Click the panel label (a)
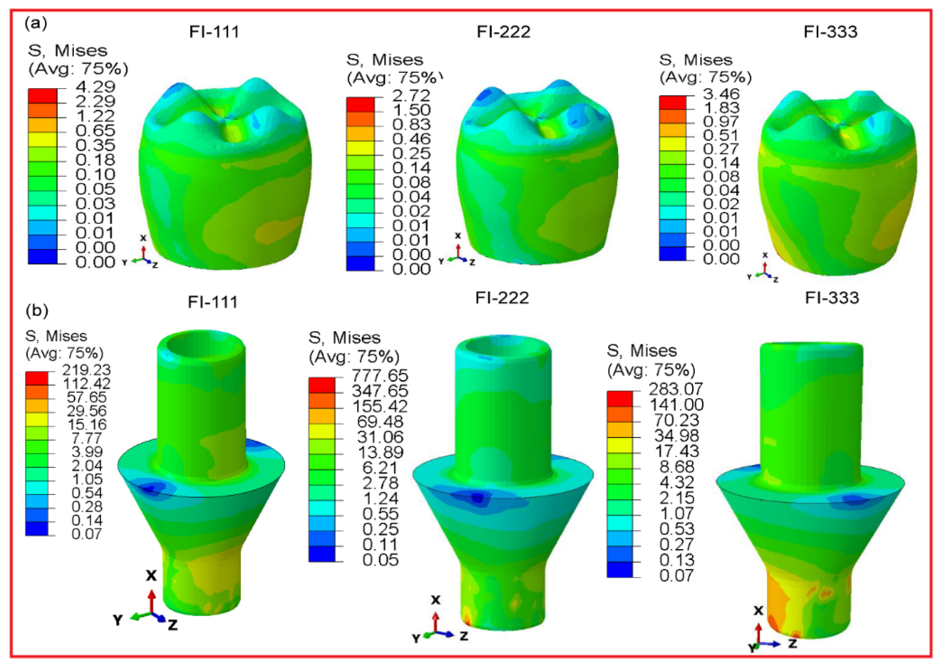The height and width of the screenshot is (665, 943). (x=36, y=24)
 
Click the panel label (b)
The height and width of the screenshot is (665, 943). (x=37, y=311)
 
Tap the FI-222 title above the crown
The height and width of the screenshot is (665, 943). (x=504, y=32)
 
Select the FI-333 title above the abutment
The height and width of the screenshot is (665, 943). (x=832, y=298)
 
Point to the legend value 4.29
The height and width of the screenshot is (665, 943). (x=95, y=86)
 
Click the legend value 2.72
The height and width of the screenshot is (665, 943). (x=411, y=95)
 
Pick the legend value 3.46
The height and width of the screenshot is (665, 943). (x=721, y=94)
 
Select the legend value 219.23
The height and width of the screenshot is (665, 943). (x=86, y=370)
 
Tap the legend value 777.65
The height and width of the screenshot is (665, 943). (x=380, y=376)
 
